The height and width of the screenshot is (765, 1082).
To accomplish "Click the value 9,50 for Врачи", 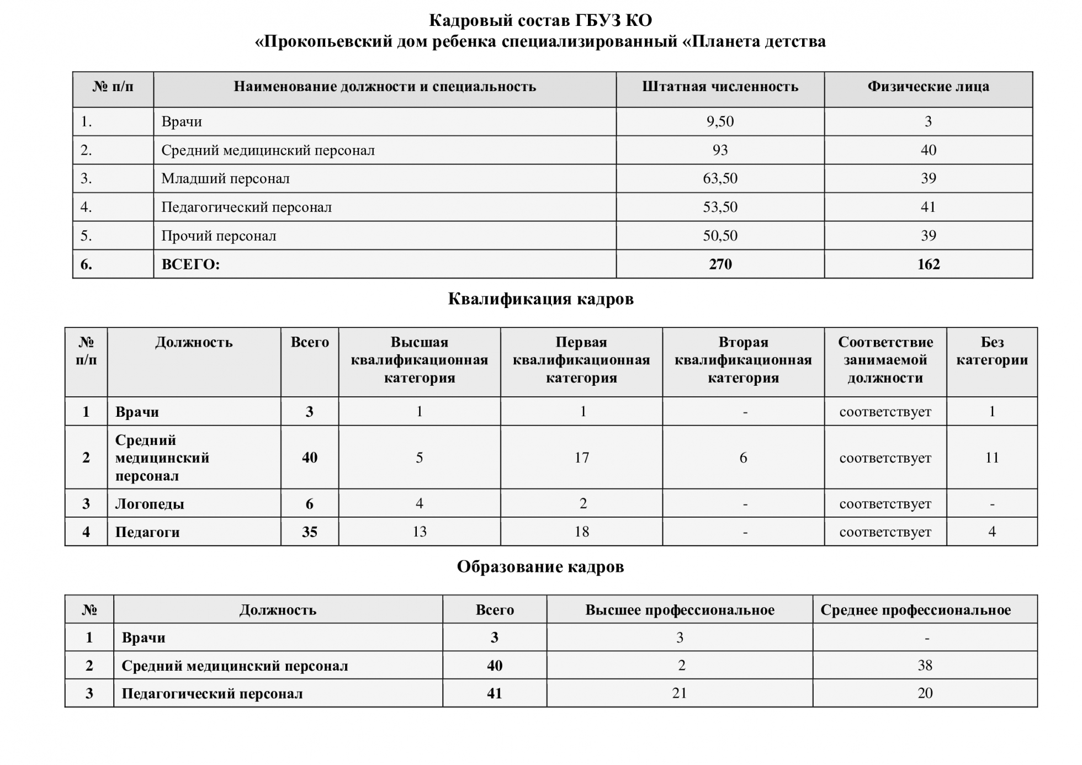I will [x=720, y=121].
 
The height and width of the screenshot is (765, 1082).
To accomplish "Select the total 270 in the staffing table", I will [x=720, y=264].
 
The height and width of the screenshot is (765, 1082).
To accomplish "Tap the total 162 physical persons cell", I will [x=928, y=264].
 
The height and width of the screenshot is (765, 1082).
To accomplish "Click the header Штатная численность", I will [x=720, y=87].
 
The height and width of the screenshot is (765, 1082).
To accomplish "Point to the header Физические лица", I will [x=928, y=87].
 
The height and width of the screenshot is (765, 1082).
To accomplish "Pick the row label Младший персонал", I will [x=225, y=179].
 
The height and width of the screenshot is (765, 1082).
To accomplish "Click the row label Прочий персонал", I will [x=219, y=236].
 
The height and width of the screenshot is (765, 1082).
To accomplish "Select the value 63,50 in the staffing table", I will [x=720, y=179].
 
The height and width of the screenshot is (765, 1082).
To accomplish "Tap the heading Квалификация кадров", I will [x=540, y=299].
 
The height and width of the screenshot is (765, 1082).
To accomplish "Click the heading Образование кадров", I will [x=540, y=567].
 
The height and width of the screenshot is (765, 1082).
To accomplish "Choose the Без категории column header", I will [x=991, y=351].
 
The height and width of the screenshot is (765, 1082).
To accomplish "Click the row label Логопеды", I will [x=150, y=504].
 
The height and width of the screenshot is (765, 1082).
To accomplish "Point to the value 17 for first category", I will [x=581, y=458].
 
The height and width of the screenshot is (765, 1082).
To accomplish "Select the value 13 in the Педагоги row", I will [x=419, y=532].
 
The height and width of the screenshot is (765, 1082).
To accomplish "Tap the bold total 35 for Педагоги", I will [x=309, y=532].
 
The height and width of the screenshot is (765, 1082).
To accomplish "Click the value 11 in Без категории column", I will [x=991, y=458].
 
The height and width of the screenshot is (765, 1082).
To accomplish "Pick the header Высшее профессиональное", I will [x=680, y=610].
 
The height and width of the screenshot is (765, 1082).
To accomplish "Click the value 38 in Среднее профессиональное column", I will [x=925, y=666].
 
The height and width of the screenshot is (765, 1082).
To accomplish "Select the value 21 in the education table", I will [x=680, y=693].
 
